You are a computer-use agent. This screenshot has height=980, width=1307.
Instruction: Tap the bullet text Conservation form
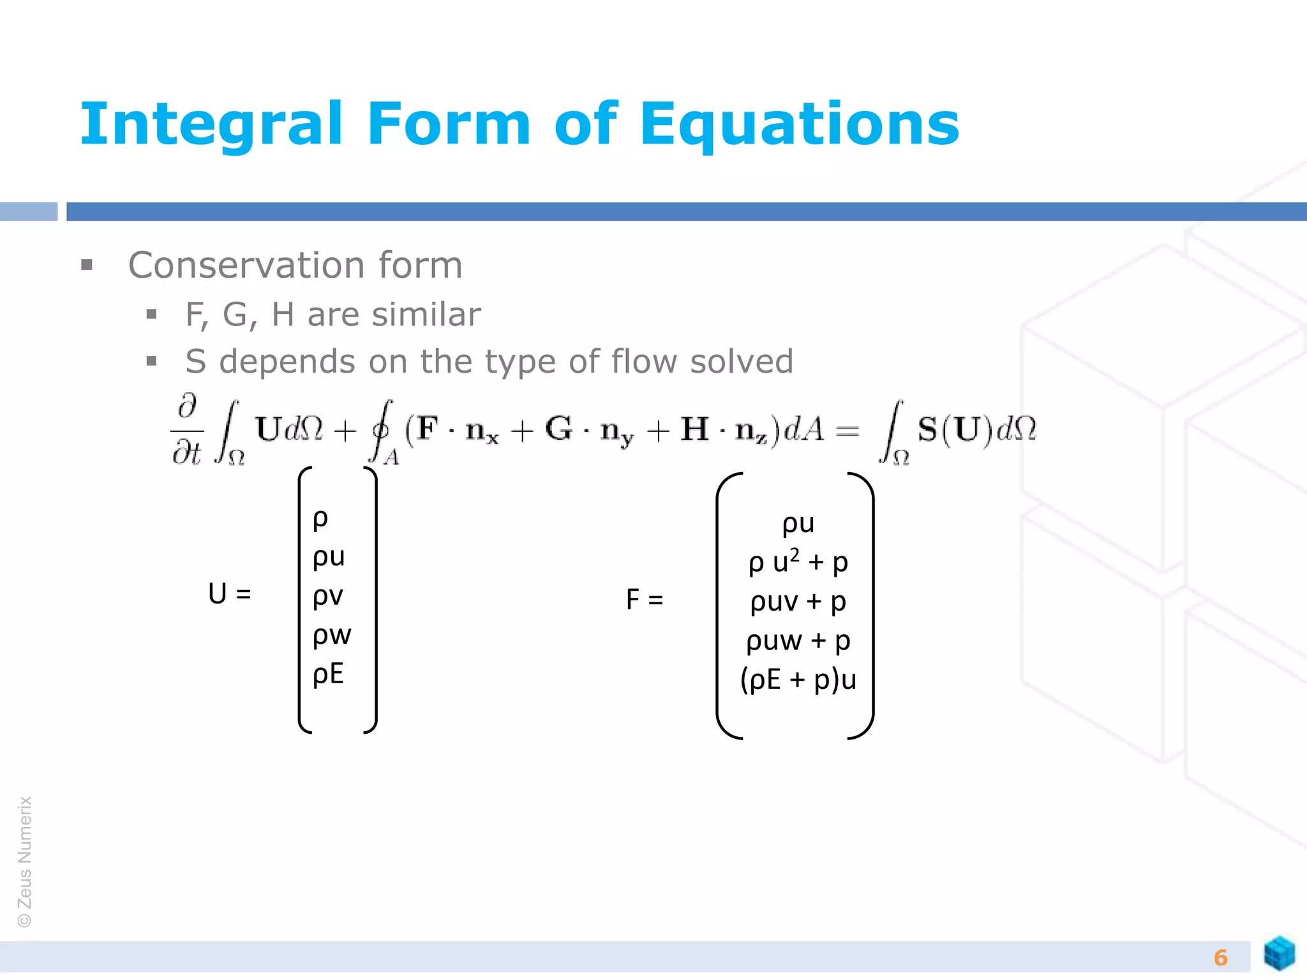click(295, 265)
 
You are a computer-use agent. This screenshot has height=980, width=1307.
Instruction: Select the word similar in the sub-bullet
click(426, 315)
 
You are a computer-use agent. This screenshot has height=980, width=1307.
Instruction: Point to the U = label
click(230, 594)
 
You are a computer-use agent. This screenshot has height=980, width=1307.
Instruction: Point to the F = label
click(645, 600)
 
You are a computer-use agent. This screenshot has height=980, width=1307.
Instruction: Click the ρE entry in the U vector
click(328, 674)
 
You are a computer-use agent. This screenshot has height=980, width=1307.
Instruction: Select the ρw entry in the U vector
click(332, 635)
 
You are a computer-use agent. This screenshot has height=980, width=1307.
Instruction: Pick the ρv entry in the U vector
click(328, 596)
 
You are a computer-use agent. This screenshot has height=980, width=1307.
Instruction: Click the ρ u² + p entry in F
click(798, 562)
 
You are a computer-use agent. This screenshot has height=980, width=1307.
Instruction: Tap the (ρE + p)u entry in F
click(798, 679)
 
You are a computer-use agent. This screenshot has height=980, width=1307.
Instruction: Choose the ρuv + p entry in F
click(798, 602)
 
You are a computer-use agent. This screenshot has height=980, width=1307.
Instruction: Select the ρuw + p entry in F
click(798, 641)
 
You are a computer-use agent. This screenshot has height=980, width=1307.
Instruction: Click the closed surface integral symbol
click(382, 431)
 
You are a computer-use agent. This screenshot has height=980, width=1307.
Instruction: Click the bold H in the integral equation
click(694, 429)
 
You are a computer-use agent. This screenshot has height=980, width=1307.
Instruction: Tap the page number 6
click(1220, 958)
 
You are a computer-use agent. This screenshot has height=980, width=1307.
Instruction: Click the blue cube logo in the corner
click(1279, 954)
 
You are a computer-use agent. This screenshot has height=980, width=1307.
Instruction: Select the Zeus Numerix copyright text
click(25, 861)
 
